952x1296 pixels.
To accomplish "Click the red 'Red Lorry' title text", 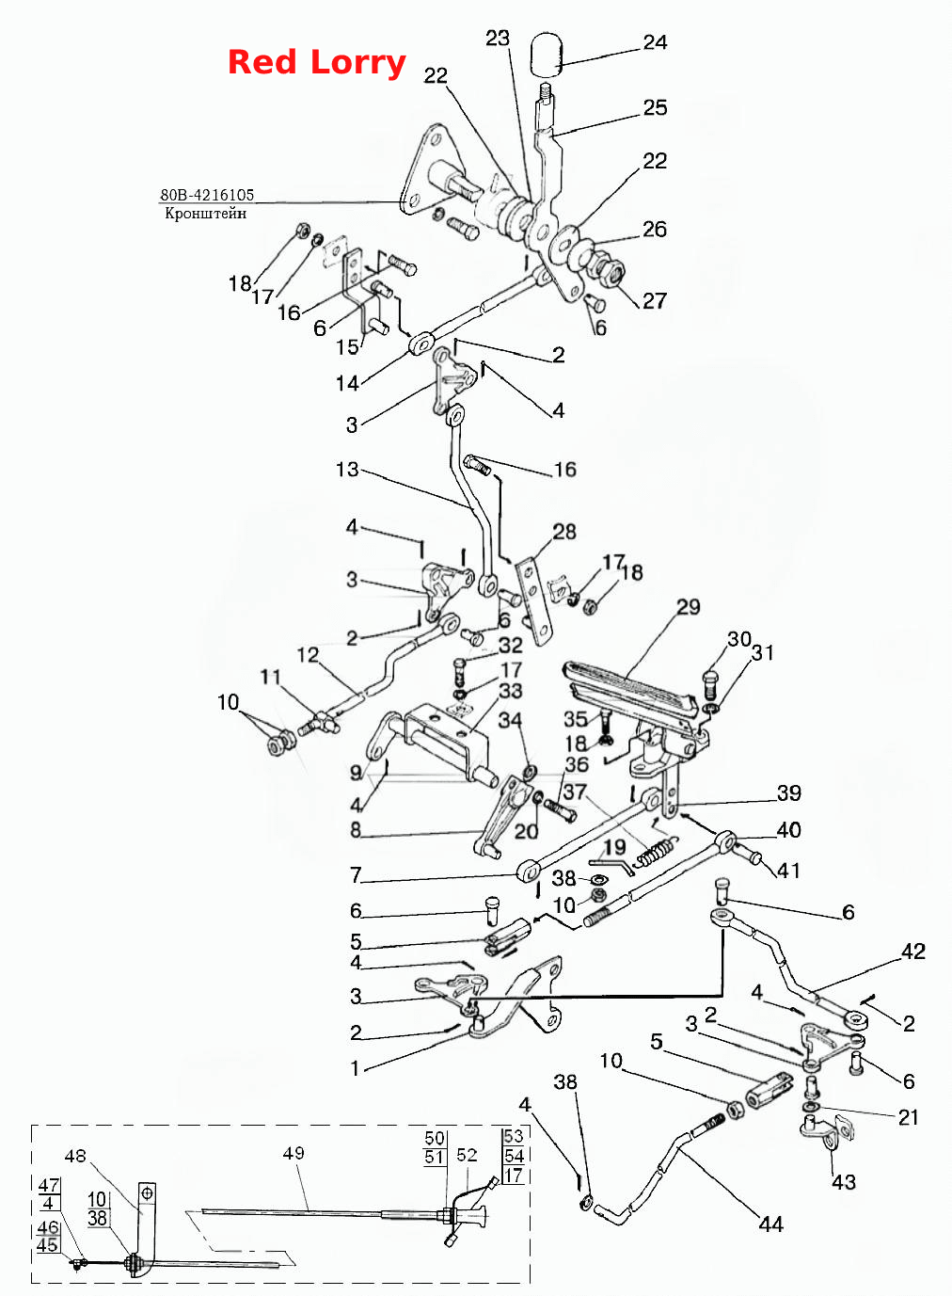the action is [316, 62].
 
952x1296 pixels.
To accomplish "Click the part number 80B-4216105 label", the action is [207, 195].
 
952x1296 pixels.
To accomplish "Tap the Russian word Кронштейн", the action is [205, 213].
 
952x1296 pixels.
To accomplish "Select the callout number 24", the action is [656, 42].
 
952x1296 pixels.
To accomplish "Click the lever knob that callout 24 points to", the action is [547, 55].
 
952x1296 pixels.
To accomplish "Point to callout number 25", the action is [656, 107].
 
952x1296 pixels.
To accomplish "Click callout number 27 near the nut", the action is [655, 301].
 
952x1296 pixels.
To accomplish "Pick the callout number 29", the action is [689, 606].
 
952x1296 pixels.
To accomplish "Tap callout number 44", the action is [771, 1224].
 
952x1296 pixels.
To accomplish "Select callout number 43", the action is [843, 1181].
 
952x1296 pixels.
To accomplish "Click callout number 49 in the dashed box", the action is [294, 1153].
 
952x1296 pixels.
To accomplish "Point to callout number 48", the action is [75, 1156].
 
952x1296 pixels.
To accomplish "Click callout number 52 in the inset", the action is [467, 1155].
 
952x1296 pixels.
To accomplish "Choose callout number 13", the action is [347, 469].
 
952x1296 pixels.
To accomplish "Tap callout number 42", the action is [913, 952].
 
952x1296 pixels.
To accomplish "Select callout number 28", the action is [564, 532].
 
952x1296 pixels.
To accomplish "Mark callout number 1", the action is [356, 1068].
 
